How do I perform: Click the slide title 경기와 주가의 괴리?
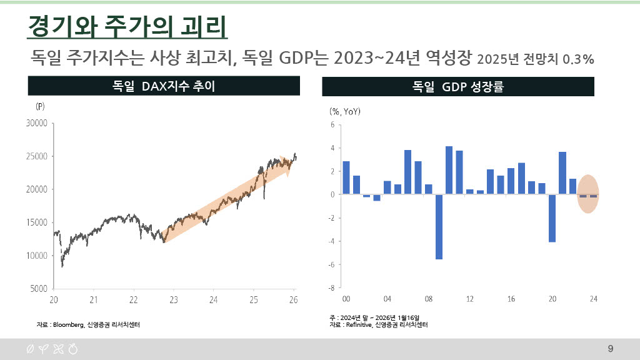click(x=127, y=26)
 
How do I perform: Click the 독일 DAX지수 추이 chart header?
click(x=164, y=86)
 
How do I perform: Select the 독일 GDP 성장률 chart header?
click(x=458, y=86)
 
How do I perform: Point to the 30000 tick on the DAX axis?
click(x=37, y=123)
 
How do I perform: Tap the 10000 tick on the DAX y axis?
click(x=37, y=256)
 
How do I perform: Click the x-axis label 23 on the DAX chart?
click(x=174, y=300)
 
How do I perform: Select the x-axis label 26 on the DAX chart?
click(x=294, y=300)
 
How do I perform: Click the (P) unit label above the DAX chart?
click(x=40, y=106)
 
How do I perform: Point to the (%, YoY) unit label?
click(x=345, y=111)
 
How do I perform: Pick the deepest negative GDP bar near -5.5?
click(x=439, y=227)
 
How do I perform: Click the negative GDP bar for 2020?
click(x=552, y=218)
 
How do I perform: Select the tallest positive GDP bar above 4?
click(x=449, y=170)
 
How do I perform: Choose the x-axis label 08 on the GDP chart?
click(x=429, y=299)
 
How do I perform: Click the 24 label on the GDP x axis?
click(x=594, y=299)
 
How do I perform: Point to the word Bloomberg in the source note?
click(x=69, y=325)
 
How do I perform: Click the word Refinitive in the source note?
click(x=359, y=325)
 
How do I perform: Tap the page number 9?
click(x=611, y=349)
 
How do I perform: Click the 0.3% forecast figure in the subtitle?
click(x=578, y=59)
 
